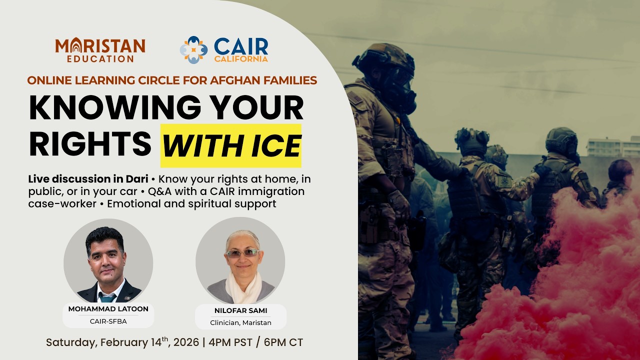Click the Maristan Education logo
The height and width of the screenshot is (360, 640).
point(100,50)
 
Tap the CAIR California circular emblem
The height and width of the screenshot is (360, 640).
point(193,50)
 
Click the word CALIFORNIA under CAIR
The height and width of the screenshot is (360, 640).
point(241,59)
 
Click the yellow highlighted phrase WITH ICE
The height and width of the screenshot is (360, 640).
point(231,145)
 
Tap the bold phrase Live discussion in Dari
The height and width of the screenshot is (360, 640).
point(88,179)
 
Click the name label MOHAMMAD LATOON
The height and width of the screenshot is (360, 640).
point(108,309)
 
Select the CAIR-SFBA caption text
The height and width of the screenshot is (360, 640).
point(108,321)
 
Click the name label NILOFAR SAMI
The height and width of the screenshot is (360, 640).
point(241,310)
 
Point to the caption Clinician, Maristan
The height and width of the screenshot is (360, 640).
point(241,323)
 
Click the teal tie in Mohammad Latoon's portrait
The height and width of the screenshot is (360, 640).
point(107,297)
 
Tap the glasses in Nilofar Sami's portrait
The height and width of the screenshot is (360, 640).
point(242,253)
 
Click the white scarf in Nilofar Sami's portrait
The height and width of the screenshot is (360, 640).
point(243,287)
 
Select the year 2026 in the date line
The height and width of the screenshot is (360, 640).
point(186,342)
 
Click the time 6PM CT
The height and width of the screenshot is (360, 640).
point(283,342)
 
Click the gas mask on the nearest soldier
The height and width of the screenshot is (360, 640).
point(401,91)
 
